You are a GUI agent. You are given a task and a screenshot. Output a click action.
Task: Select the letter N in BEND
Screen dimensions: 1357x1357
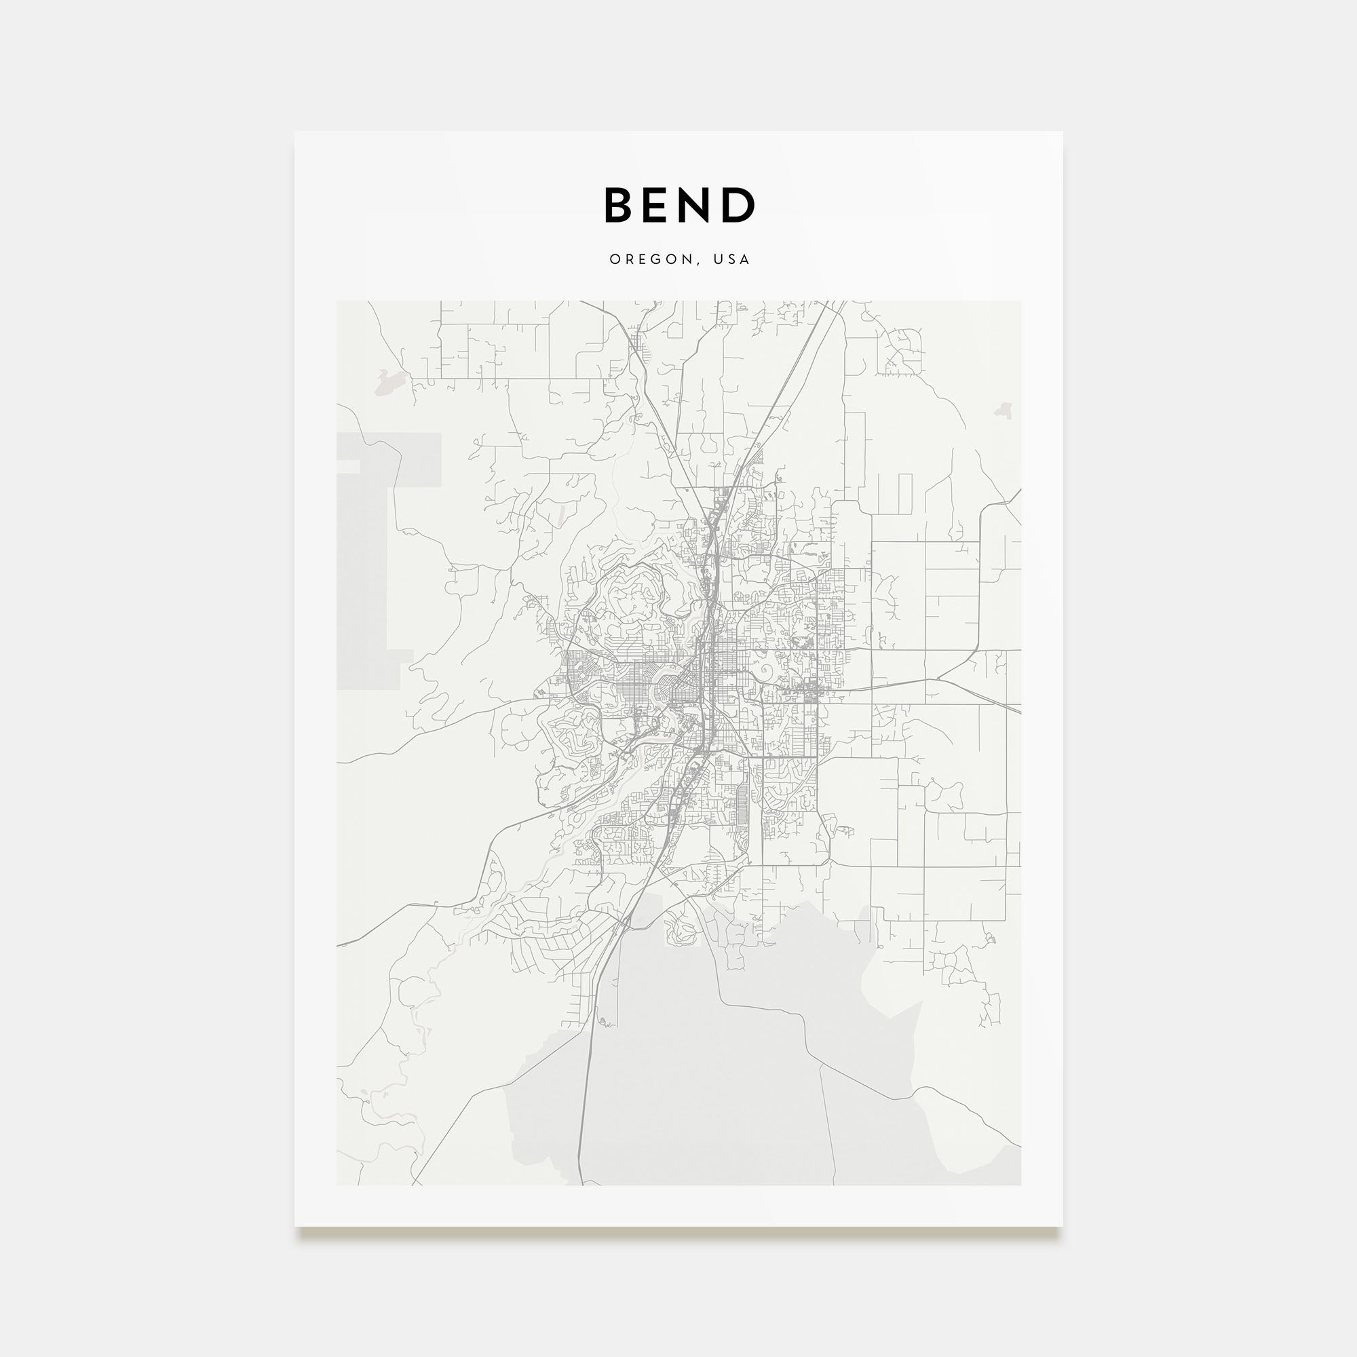pyautogui.click(x=700, y=205)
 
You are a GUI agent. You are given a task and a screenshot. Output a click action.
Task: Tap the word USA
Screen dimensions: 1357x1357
pyautogui.click(x=732, y=259)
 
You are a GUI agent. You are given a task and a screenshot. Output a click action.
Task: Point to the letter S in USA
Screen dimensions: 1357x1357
pyautogui.click(x=732, y=259)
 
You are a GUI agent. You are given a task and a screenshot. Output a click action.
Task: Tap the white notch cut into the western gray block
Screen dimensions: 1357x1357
pyautogui.click(x=348, y=466)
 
